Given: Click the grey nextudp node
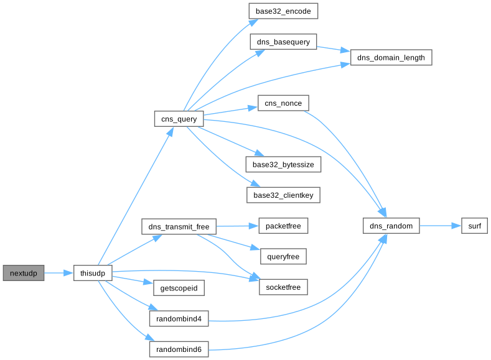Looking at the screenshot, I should [x=24, y=273].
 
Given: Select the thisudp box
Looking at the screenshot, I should [x=93, y=273].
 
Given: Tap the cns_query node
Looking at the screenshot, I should [x=179, y=119].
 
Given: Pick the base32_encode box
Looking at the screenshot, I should [x=283, y=11].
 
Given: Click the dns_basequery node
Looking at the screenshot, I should [x=283, y=42].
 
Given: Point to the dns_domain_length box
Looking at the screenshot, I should [x=391, y=58].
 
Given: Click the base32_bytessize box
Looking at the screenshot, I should [x=283, y=165].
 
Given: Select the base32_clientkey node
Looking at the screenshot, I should [x=283, y=195].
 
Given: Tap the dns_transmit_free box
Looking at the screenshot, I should [x=179, y=226].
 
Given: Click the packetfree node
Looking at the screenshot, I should [x=283, y=226].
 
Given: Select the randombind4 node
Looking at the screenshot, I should [x=179, y=319].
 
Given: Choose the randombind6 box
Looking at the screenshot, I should [x=179, y=349].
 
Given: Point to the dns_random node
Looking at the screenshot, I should [x=391, y=226].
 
